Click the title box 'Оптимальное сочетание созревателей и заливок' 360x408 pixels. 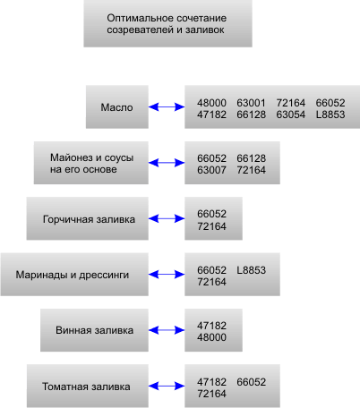coord(167,23)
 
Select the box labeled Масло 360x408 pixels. coord(117,107)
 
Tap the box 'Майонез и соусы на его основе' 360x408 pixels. coord(91,163)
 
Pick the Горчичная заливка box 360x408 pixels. coord(88,218)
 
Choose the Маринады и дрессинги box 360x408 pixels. coord(74,275)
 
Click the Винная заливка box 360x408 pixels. coord(94,330)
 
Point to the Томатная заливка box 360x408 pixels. coord(88,386)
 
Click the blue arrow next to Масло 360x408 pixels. coord(167,107)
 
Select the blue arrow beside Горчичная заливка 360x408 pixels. coord(167,218)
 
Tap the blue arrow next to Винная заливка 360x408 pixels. coord(167,330)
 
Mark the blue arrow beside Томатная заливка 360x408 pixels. coord(167,387)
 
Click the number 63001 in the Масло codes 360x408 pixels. coord(251,103)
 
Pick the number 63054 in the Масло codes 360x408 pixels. coord(291,115)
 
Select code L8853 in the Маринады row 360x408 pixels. coord(251,270)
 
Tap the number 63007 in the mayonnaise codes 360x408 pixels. coord(211,170)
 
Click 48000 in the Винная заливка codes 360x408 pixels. coord(211,337)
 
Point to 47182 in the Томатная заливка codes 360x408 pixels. coord(211,382)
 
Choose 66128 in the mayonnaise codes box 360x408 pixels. coord(251,158)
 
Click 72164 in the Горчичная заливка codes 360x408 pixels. coord(211,226)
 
